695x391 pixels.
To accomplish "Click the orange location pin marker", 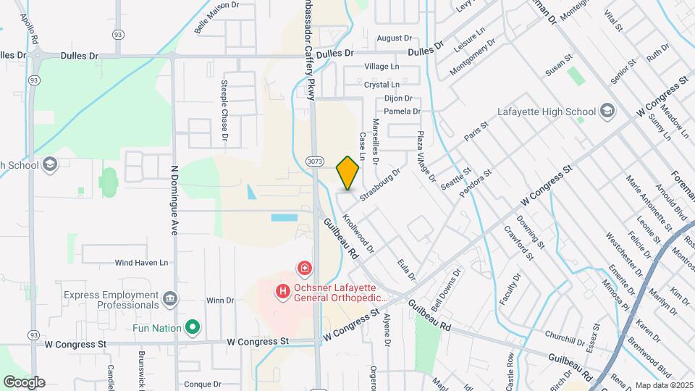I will (348, 172).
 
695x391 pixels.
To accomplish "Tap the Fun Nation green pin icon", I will (193, 328).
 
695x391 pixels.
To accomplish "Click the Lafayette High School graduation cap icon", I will (607, 112).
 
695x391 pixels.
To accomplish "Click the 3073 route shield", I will (313, 160).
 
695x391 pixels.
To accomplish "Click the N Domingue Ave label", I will (174, 201).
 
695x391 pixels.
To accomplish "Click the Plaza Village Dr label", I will (426, 156).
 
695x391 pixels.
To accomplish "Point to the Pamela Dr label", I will (402, 112).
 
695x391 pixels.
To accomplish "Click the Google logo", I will (23, 382).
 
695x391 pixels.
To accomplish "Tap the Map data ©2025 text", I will (663, 385).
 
